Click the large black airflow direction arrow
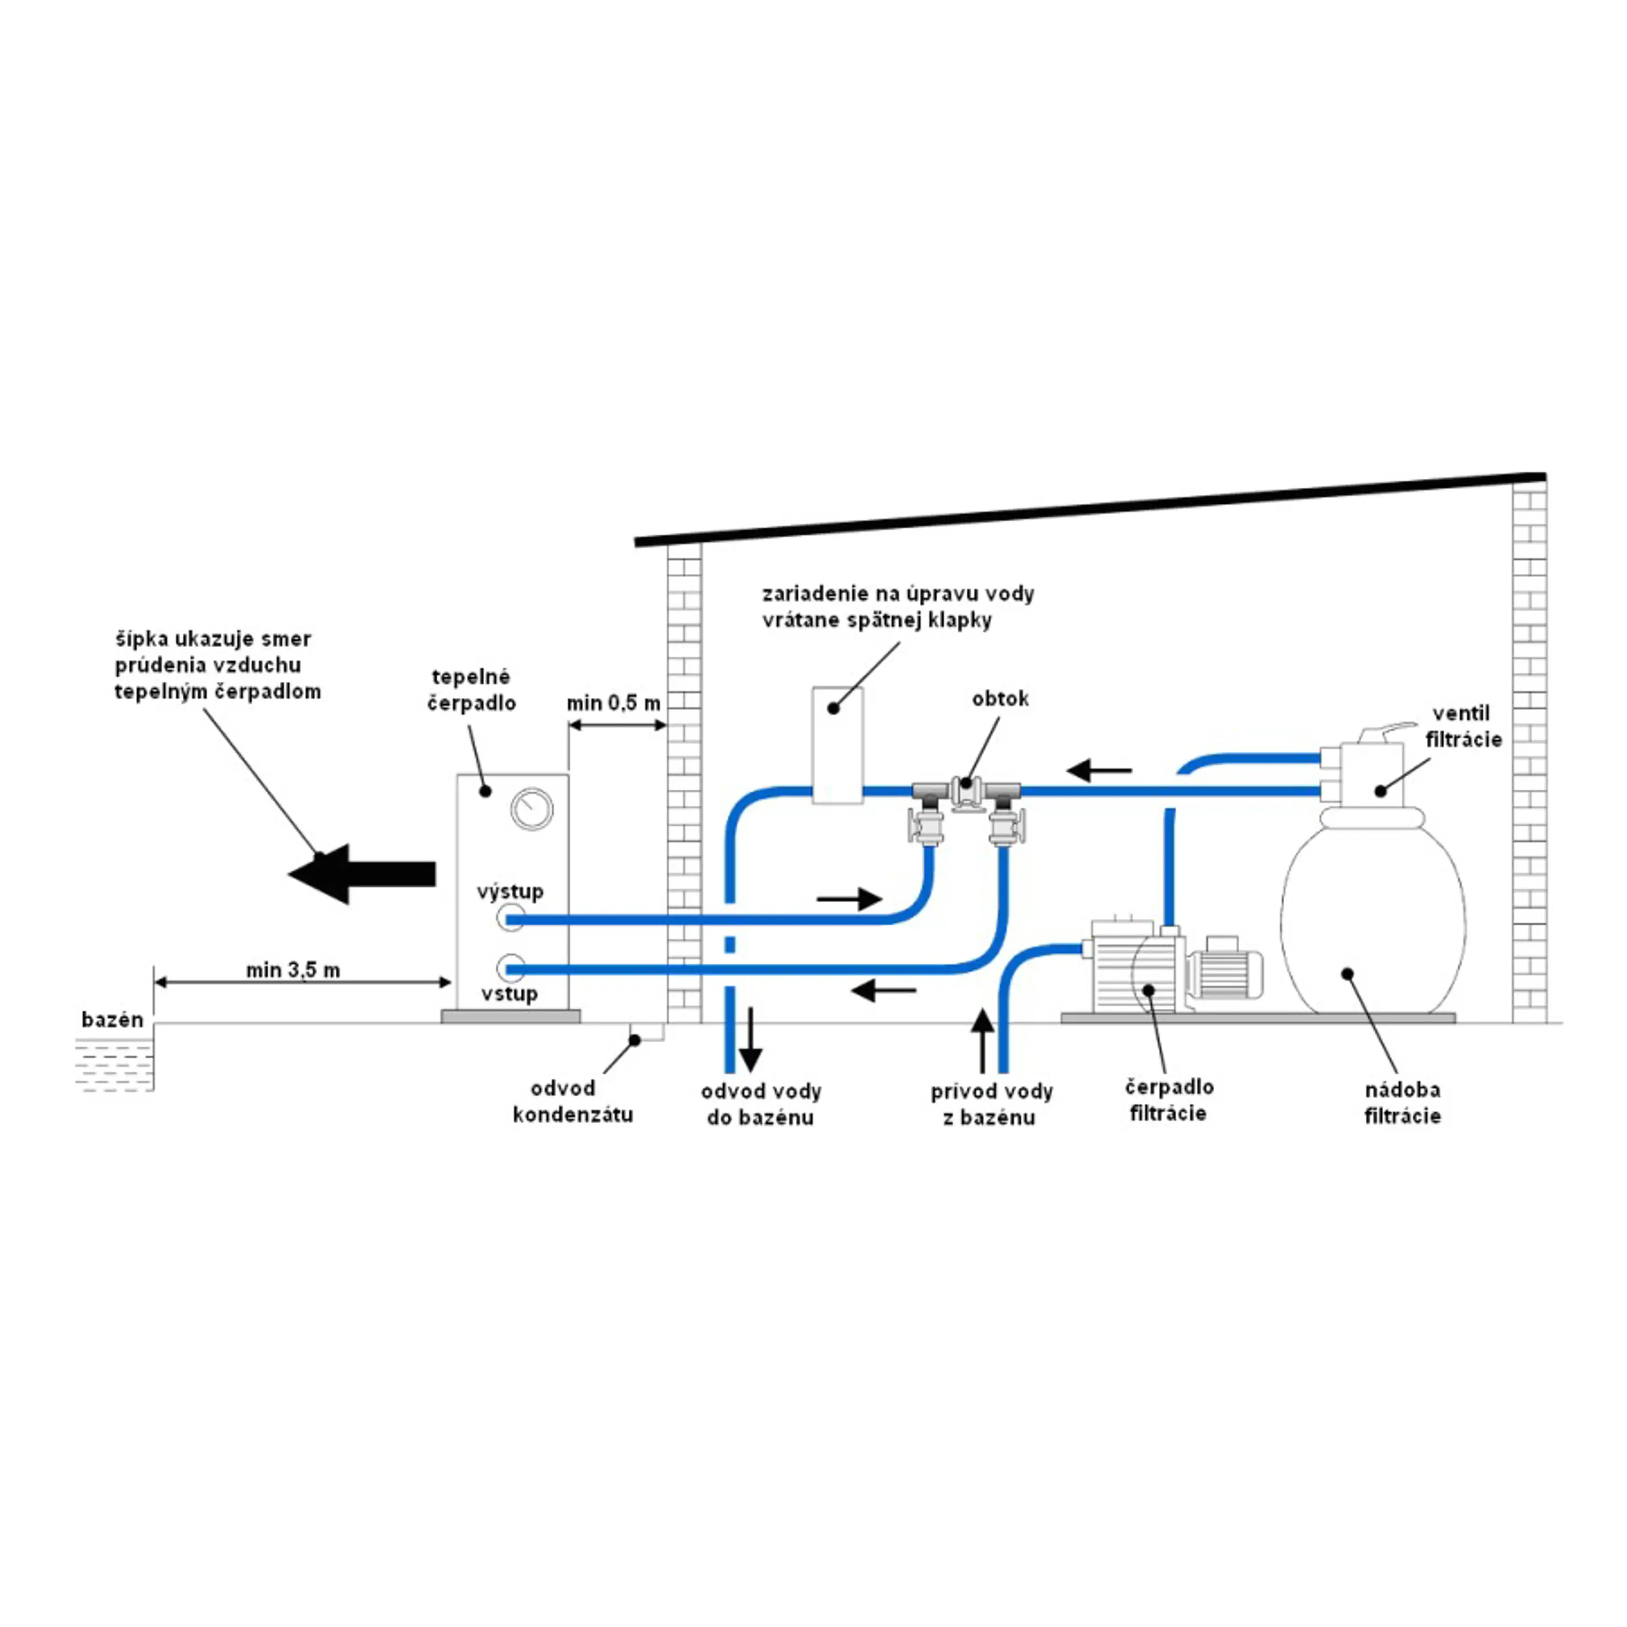[x=362, y=874]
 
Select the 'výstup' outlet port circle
[x=511, y=918]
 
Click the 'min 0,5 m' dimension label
[x=614, y=702]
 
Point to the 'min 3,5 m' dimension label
[x=293, y=970]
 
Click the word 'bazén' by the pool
[x=112, y=1020]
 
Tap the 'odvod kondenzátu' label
[x=573, y=1101]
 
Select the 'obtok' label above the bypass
[x=1000, y=699]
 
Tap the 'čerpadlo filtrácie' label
[x=1169, y=1100]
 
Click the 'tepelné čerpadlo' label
[x=472, y=690]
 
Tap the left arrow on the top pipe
[x=1099, y=770]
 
